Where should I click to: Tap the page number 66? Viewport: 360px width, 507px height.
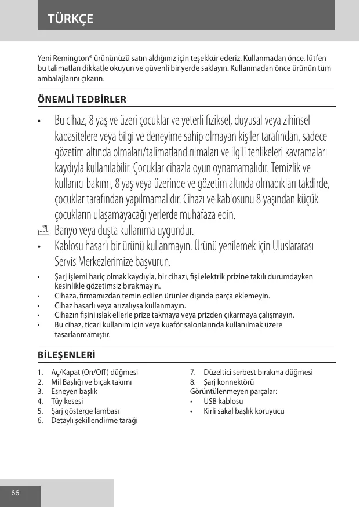[x=15, y=493]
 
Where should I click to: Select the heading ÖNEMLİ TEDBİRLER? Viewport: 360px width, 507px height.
[x=82, y=99]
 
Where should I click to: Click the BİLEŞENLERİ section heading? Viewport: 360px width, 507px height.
[x=67, y=354]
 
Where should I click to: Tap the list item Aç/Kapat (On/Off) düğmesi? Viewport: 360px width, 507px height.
[x=94, y=373]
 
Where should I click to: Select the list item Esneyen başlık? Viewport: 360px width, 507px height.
[x=74, y=392]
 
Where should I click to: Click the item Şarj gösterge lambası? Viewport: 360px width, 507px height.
[x=85, y=411]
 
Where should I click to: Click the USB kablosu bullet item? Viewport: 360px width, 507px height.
[x=223, y=402]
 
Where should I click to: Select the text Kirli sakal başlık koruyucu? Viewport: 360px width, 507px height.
[x=244, y=411]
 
